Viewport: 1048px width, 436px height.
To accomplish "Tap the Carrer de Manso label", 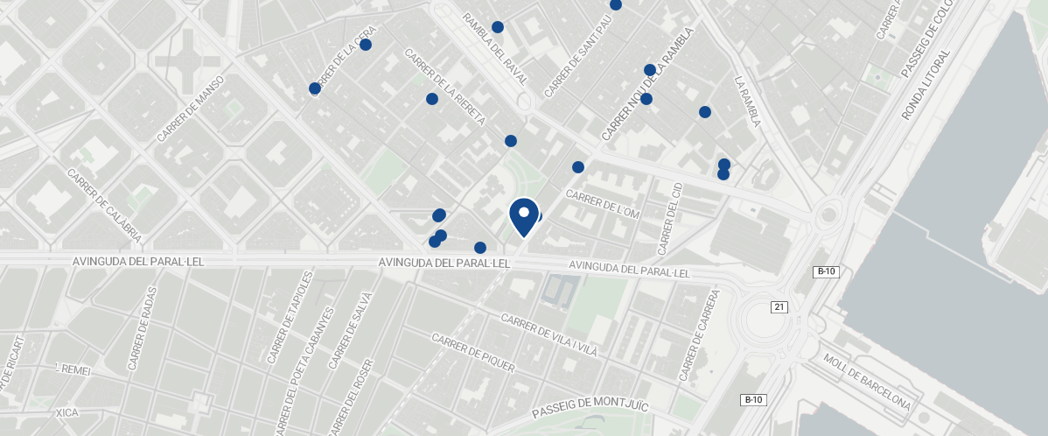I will [x=191, y=109].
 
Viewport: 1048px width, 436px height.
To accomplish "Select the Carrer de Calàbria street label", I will [x=104, y=206].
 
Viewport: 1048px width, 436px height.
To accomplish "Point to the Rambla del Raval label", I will [x=495, y=48].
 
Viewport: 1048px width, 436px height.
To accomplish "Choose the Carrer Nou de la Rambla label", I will [x=647, y=84].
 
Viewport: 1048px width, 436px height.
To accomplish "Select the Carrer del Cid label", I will [x=669, y=219].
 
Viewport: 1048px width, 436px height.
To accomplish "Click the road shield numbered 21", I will [x=779, y=306].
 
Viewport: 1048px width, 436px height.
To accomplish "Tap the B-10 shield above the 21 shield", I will [x=826, y=271].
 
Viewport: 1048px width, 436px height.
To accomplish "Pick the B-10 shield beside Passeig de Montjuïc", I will [x=754, y=399].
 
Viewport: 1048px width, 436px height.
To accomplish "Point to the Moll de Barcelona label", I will [x=867, y=382].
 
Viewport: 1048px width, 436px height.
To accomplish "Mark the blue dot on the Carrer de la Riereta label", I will [x=431, y=99].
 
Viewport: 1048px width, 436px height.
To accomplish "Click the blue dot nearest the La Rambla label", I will [x=704, y=112].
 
